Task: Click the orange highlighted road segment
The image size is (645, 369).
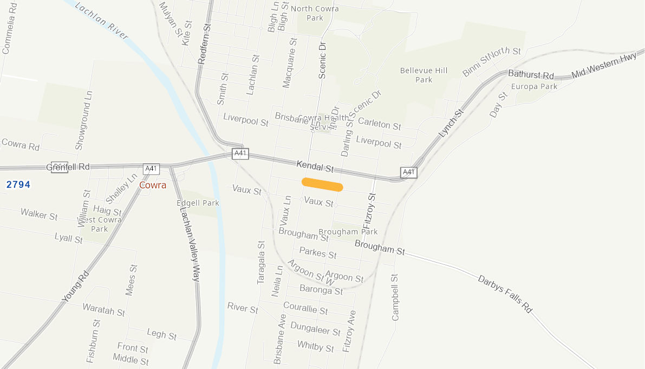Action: pos(322,184)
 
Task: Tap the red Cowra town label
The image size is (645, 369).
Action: pos(153,184)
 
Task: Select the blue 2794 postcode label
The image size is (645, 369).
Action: pos(18,184)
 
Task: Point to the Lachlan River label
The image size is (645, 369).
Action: pos(102,21)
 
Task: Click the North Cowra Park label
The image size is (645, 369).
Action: pos(315,13)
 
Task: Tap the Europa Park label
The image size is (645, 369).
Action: pos(534,86)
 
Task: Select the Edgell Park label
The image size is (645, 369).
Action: pos(198,203)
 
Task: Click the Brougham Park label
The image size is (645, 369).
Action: pos(348,232)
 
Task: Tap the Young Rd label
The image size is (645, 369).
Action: pos(75,286)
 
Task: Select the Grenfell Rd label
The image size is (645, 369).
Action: pos(68,167)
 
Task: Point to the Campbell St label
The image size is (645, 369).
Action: pos(395,296)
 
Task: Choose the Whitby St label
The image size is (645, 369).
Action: pos(316,346)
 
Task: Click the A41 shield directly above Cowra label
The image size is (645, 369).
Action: pos(151,169)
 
